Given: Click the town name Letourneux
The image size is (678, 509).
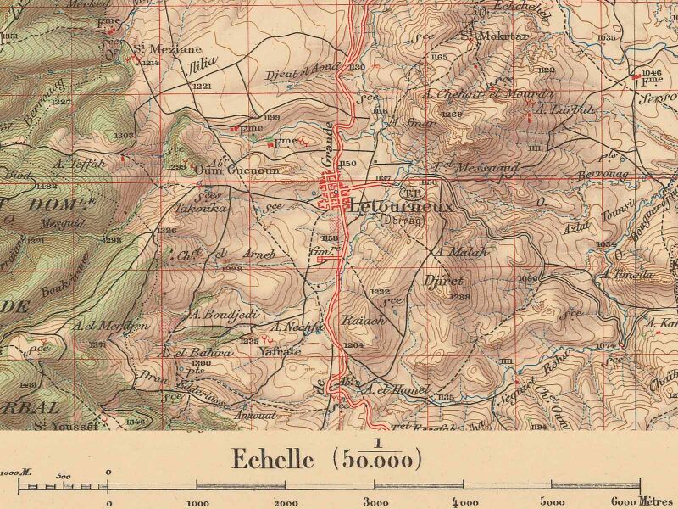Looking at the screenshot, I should tap(401, 206).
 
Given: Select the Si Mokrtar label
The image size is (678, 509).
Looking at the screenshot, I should tap(481, 37).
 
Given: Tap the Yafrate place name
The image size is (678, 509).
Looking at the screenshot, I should tap(281, 350).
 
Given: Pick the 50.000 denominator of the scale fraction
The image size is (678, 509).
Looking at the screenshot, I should tap(377, 461).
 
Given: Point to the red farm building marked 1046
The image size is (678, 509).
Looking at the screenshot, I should tap(637, 80).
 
